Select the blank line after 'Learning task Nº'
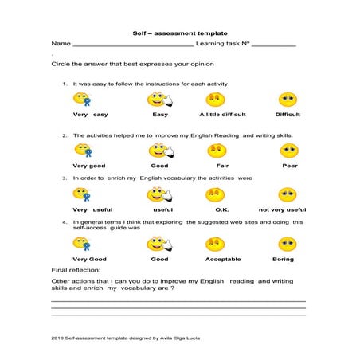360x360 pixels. coord(273,45)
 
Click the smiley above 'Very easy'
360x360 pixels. coord(82,100)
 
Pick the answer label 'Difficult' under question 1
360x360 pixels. coord(288,115)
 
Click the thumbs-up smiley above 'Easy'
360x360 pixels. coord(159,100)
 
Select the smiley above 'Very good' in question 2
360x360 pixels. coord(84,150)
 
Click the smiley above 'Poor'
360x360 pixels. coord(288,150)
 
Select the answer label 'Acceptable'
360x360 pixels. coord(223,259)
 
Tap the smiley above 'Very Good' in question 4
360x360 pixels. coord(83,244)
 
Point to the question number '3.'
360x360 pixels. coord(65,178)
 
